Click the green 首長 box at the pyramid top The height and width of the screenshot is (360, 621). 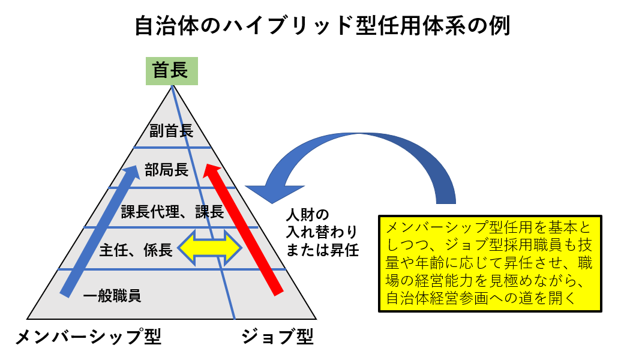[171, 71]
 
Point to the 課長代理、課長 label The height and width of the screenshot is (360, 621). [172, 211]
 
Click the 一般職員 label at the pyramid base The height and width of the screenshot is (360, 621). [112, 296]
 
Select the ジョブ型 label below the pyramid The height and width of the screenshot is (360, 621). [277, 337]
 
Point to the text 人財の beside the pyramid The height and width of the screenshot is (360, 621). [307, 215]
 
